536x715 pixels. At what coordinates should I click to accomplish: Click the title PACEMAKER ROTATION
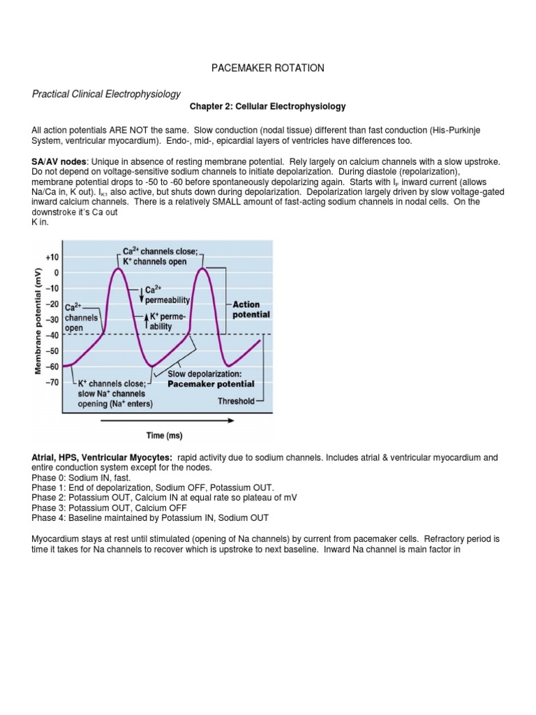(x=267, y=68)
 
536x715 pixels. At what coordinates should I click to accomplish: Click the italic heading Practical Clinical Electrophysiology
(x=106, y=94)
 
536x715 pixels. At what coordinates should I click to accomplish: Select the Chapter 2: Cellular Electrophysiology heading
(x=267, y=107)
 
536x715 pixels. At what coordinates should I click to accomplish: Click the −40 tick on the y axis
(x=52, y=335)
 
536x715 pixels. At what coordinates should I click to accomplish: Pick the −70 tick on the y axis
(x=52, y=382)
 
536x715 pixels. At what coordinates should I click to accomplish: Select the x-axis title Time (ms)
(x=164, y=436)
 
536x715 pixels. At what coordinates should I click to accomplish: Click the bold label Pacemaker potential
(x=211, y=384)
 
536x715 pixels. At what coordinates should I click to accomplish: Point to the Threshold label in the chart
(x=237, y=401)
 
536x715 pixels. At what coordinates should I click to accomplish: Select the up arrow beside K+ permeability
(x=145, y=320)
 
